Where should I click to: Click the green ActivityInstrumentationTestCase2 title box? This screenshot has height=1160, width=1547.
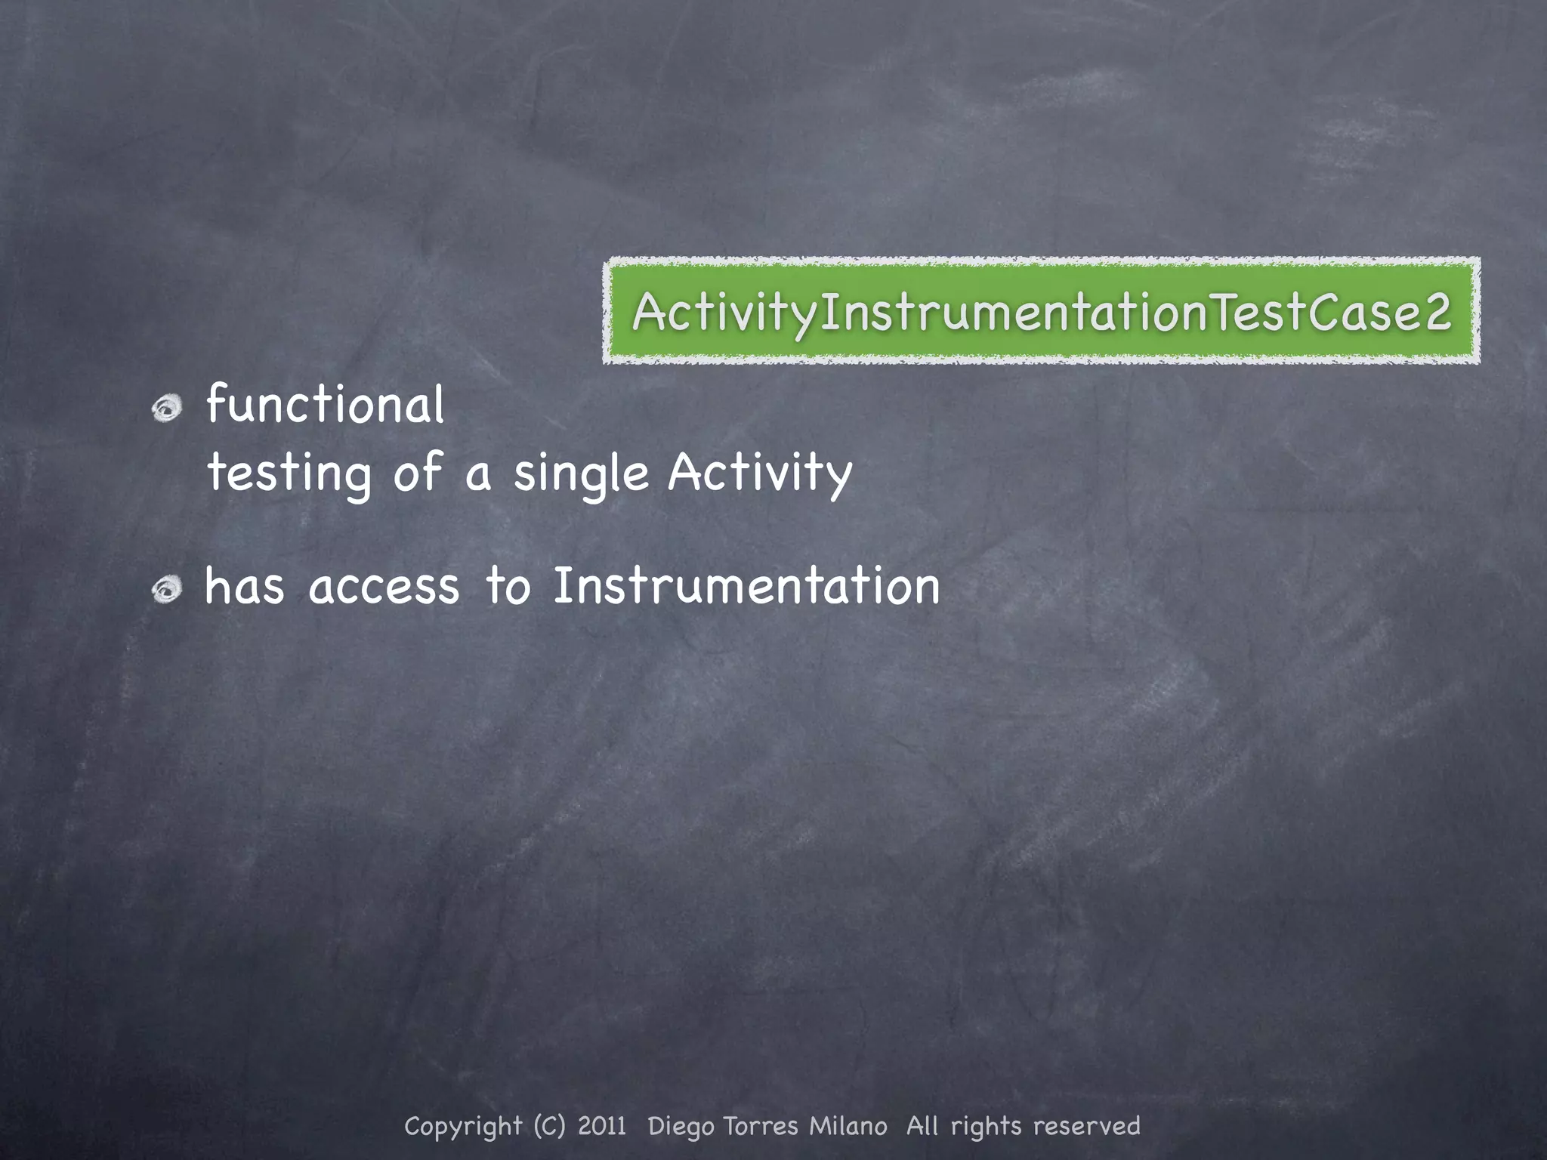click(1041, 310)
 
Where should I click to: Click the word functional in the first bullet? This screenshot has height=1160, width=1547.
click(326, 405)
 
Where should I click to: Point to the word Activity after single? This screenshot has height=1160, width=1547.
click(760, 473)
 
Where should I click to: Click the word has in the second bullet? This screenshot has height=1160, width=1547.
click(245, 586)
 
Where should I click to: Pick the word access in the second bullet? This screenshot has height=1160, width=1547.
click(384, 588)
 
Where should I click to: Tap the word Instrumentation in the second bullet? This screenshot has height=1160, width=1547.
click(746, 586)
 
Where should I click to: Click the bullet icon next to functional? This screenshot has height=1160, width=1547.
click(167, 409)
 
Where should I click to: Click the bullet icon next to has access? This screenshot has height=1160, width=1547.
click(167, 590)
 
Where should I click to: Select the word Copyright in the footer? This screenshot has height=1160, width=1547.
click(463, 1127)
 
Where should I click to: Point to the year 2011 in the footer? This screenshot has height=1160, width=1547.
click(602, 1126)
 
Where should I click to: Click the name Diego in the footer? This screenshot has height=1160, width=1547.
click(681, 1127)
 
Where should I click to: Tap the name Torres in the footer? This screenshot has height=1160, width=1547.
click(761, 1126)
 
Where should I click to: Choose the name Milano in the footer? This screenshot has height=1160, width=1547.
click(848, 1126)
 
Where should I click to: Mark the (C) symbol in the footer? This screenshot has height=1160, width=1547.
click(549, 1126)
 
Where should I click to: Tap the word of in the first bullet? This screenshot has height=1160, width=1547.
click(416, 473)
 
